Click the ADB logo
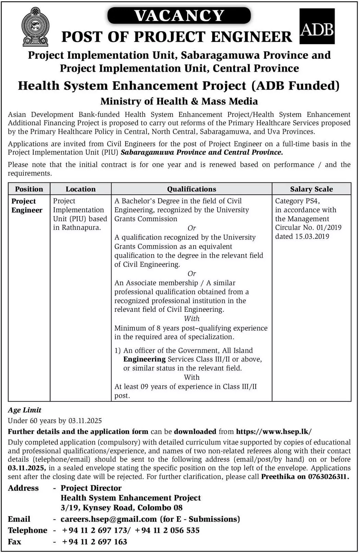click(317, 27)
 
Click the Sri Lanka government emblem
click(35, 27)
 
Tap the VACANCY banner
click(179, 16)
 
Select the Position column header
click(29, 189)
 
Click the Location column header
click(81, 189)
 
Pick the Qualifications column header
click(191, 189)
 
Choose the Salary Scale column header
click(311, 189)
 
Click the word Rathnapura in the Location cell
click(81, 227)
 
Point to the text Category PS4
click(297, 201)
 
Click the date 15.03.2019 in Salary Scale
click(312, 236)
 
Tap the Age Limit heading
click(25, 410)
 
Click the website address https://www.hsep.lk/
click(274, 432)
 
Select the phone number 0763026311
click(328, 476)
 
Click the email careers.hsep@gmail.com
click(108, 519)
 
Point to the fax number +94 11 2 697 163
click(94, 542)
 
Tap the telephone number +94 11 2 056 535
click(167, 530)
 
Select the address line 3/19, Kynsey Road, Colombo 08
click(121, 508)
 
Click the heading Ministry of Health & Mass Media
click(179, 101)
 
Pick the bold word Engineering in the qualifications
click(144, 359)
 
